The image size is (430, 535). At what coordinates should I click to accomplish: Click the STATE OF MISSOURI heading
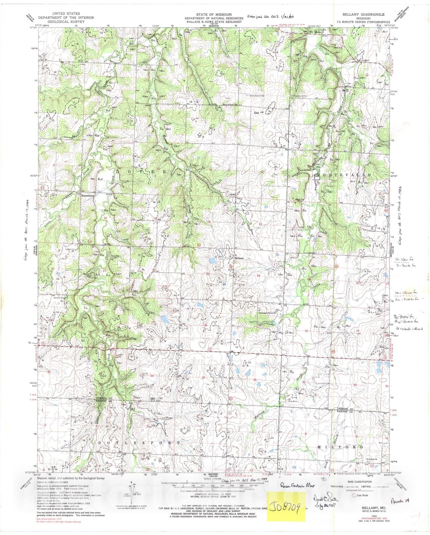(x=215, y=14)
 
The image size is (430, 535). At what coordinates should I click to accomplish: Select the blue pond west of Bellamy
(x=212, y=260)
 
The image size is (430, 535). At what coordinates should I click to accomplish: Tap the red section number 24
(x=258, y=275)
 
